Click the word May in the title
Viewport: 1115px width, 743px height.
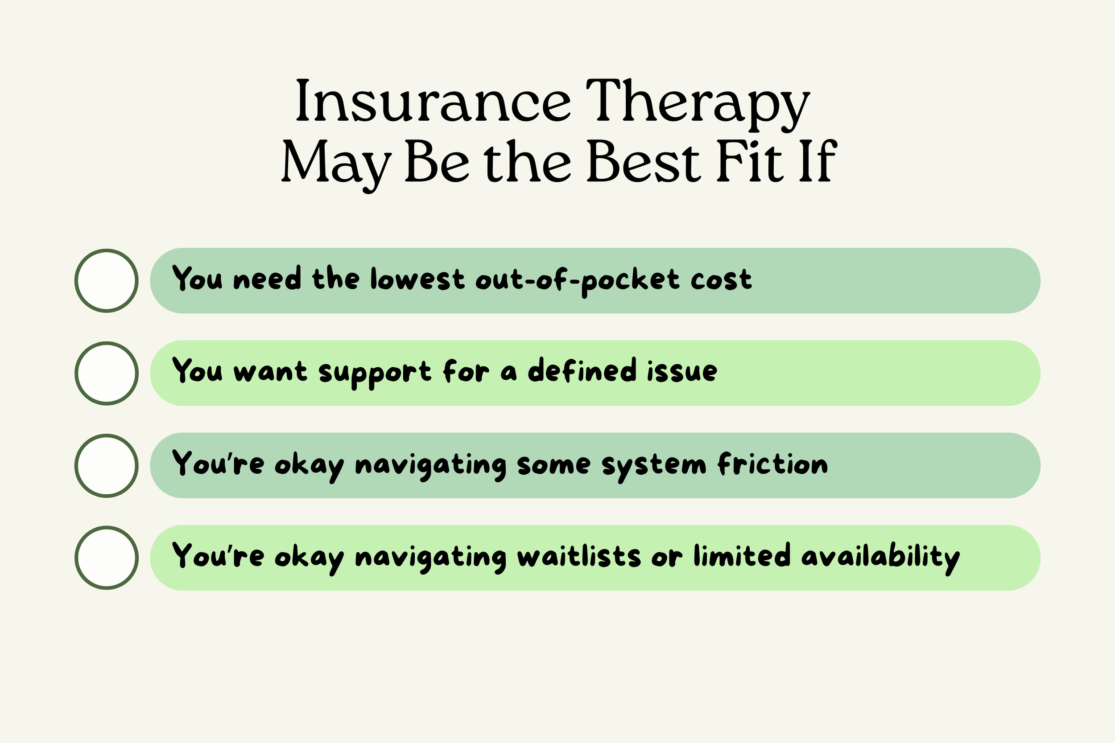(x=336, y=164)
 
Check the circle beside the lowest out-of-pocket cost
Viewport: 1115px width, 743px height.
(x=107, y=280)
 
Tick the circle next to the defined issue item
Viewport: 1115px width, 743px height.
(x=107, y=373)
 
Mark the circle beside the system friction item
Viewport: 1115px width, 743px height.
(x=107, y=465)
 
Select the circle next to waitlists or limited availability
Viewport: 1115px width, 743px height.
(x=107, y=558)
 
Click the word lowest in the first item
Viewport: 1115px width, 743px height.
(x=417, y=279)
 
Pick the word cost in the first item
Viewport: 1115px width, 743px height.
(x=721, y=279)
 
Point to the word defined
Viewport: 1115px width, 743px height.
(x=582, y=370)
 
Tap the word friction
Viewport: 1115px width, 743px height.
(x=773, y=464)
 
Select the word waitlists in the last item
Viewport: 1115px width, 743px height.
(x=579, y=556)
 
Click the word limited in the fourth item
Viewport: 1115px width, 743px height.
(x=742, y=555)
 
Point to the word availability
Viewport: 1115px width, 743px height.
(x=880, y=557)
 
